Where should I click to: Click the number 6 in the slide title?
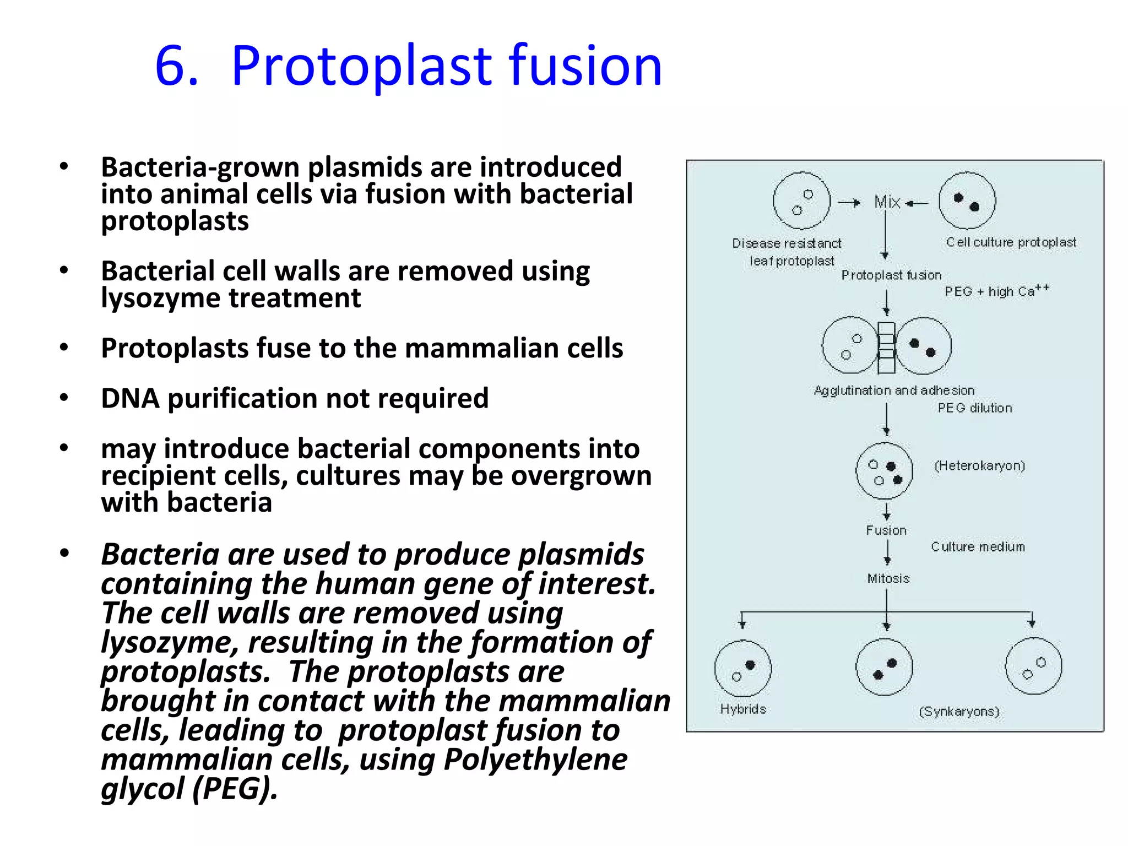[x=176, y=67]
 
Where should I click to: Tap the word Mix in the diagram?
[x=887, y=202]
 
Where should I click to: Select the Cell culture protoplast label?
[x=1011, y=242]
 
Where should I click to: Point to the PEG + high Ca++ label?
[x=996, y=291]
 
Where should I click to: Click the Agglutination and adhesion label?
[x=894, y=391]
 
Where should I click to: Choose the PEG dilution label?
[x=974, y=408]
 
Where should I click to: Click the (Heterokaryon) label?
[x=979, y=466]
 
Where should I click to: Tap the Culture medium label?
[x=978, y=547]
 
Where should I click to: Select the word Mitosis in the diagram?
[x=888, y=579]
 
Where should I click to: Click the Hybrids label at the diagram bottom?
[x=743, y=709]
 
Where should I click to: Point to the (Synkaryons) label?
[x=959, y=712]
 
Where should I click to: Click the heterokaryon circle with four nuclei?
[x=884, y=471]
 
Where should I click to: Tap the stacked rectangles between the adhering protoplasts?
[x=886, y=347]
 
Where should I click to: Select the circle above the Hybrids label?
[x=742, y=668]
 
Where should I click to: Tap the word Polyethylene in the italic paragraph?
[x=535, y=760]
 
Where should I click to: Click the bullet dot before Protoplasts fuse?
[x=64, y=348]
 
